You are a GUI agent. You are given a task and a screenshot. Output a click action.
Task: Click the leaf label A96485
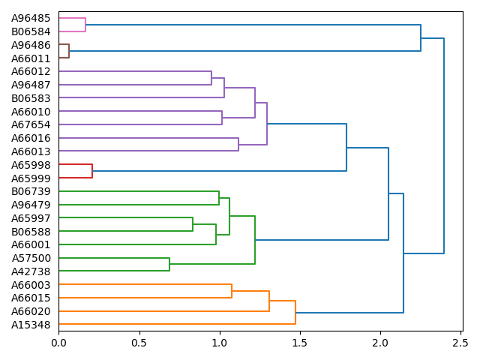coord(31,18)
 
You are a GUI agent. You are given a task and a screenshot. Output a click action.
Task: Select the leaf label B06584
coord(31,31)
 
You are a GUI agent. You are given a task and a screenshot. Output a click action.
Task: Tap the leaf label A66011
coord(31,58)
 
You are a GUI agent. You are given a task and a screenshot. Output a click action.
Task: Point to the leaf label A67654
coord(31,124)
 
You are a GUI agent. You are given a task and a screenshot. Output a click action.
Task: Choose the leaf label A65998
coord(31,165)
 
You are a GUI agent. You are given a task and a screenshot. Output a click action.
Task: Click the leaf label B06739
coord(31,191)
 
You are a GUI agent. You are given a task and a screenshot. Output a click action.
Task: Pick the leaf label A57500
coord(31,258)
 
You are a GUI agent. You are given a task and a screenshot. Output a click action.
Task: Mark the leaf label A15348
coord(31,325)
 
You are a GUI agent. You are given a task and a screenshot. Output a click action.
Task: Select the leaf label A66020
coord(31,311)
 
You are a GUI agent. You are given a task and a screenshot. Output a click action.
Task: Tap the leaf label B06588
coord(31,232)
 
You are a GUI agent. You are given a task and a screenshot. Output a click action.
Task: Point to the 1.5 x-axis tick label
coord(300,343)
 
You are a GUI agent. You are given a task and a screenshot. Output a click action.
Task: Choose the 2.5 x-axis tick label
coord(460,343)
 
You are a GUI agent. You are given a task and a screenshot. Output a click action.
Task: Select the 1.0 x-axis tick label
coord(220,343)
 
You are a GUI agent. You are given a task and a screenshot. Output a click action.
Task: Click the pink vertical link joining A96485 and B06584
coord(85,25)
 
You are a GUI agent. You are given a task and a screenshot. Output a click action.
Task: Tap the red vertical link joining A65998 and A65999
coord(92,171)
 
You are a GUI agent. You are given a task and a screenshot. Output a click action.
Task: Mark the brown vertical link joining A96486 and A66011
coord(69,51)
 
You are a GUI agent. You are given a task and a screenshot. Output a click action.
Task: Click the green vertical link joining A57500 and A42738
coord(169,265)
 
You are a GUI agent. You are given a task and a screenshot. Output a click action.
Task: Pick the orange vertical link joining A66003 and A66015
coord(232,291)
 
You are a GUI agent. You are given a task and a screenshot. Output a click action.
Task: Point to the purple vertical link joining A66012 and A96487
coord(211,78)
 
